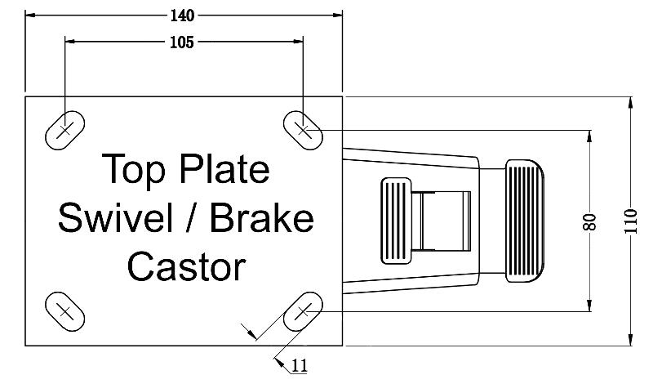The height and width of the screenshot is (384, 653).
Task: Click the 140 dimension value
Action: (184, 15)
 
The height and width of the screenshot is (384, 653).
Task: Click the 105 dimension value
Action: (183, 42)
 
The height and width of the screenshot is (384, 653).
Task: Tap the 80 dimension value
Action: (590, 221)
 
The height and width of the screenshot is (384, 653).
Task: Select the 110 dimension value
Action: (630, 221)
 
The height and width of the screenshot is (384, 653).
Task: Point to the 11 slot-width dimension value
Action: (300, 367)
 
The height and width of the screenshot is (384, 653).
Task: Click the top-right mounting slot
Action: (303, 129)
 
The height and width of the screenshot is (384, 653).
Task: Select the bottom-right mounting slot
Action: (303, 311)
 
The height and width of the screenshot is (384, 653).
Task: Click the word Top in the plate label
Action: (134, 170)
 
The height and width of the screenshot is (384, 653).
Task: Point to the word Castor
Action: (186, 266)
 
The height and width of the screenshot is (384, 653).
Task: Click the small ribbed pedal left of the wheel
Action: (397, 221)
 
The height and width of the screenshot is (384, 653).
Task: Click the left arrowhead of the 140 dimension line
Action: (30, 15)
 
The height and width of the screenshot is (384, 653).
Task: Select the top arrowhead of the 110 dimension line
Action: (630, 101)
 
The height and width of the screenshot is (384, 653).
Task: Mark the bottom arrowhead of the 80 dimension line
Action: (590, 307)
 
